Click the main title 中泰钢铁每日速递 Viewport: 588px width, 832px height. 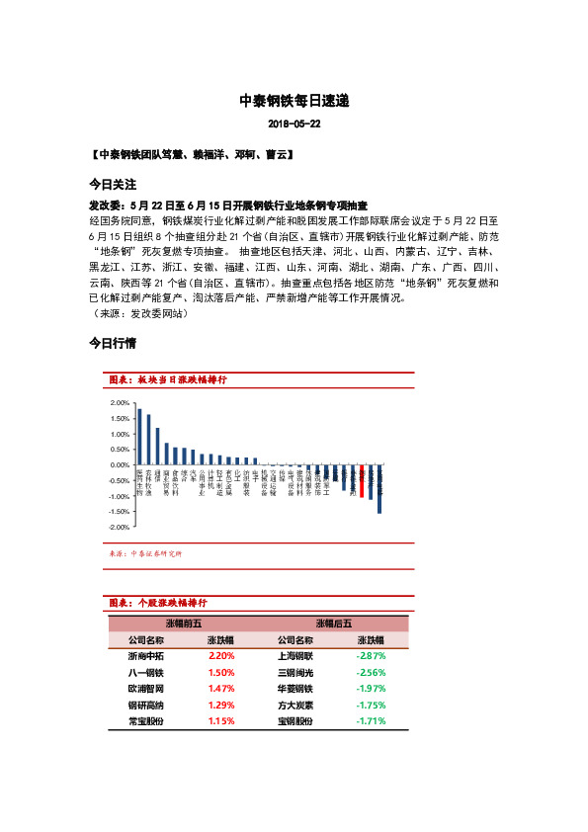pos(294,101)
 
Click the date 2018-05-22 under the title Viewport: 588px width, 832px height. pos(294,125)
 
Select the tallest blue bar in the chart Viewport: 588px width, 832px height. pos(139,436)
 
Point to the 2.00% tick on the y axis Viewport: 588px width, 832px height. pos(121,403)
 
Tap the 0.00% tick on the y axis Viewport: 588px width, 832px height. pos(121,465)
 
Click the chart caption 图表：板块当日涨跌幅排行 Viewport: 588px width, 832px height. pos(167,379)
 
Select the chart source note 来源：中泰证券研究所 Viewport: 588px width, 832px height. pos(149,553)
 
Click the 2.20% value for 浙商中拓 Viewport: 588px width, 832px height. pos(221,655)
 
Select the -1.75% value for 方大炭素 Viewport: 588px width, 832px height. pos(371,706)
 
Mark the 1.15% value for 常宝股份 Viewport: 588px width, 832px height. pos(221,722)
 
